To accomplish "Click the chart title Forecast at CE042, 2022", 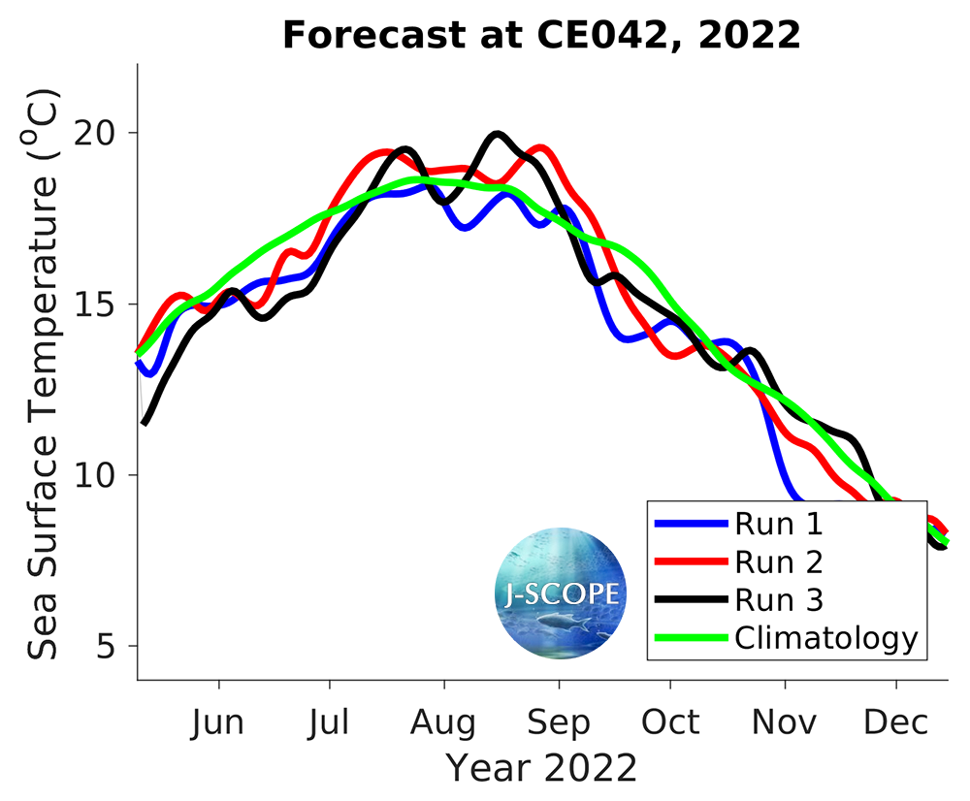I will (x=541, y=36).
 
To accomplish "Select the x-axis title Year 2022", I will (x=541, y=767).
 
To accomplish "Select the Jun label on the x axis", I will (x=219, y=722).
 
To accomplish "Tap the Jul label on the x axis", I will (x=330, y=722).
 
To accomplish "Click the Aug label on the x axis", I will (x=443, y=722).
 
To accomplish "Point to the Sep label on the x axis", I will (x=558, y=722).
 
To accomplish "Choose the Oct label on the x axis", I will (x=670, y=722).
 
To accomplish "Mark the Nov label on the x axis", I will (x=785, y=722).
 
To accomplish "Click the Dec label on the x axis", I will (x=895, y=722).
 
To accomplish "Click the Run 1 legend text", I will (x=779, y=525).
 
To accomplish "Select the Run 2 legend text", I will (x=779, y=562).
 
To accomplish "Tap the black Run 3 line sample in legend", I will (x=692, y=600).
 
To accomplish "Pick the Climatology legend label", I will (x=825, y=638).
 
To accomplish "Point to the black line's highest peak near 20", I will (x=497, y=135).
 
